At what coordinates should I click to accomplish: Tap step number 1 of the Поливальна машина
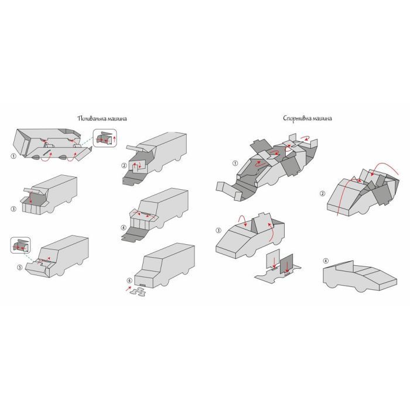click(x=13, y=156)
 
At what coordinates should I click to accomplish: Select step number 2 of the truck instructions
click(x=124, y=166)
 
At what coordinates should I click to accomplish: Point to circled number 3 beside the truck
click(x=13, y=209)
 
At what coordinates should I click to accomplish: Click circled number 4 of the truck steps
click(x=124, y=228)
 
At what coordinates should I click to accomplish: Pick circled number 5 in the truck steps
click(x=19, y=267)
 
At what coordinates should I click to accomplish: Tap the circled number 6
click(x=129, y=281)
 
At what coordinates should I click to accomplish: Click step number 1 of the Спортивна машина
click(x=235, y=163)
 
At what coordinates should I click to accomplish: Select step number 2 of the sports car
click(x=323, y=193)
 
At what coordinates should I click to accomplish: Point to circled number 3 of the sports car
click(x=218, y=230)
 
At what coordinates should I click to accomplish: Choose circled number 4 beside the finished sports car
click(x=326, y=261)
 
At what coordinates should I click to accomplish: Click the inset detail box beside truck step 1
click(x=105, y=138)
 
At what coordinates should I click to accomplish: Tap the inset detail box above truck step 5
click(x=20, y=245)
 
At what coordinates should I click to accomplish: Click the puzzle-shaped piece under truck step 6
click(x=138, y=292)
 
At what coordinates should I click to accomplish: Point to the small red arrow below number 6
click(x=128, y=289)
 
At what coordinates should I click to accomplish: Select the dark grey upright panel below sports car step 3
click(x=286, y=264)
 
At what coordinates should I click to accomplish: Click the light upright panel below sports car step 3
click(x=273, y=258)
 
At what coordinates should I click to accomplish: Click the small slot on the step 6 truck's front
click(x=142, y=285)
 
